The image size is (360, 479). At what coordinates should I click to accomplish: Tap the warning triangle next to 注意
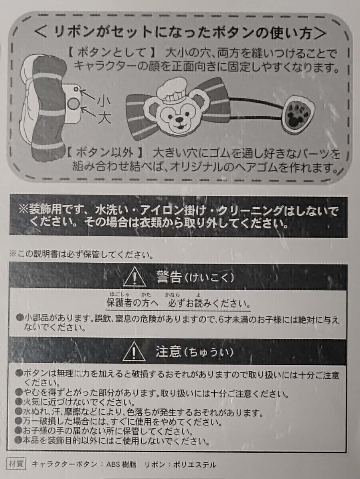[135, 352]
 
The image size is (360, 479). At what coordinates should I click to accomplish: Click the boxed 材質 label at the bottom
[17, 464]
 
